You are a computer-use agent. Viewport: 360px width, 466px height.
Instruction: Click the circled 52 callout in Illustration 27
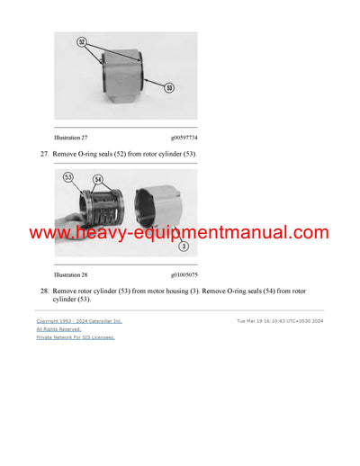coord(80,42)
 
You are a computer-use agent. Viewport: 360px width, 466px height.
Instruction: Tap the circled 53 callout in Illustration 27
coord(168,87)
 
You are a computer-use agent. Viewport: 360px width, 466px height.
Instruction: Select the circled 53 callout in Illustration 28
coord(67,178)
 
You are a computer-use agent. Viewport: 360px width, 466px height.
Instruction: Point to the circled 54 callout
coord(97,180)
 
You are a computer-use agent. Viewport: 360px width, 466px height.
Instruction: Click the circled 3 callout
coord(183,246)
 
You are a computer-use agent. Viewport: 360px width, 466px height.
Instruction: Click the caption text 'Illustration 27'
coord(73,138)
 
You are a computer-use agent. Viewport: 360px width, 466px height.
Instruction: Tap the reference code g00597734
coord(184,138)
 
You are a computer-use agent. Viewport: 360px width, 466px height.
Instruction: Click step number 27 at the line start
coord(43,155)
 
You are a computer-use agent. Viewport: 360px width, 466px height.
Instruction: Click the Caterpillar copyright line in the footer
coord(79,321)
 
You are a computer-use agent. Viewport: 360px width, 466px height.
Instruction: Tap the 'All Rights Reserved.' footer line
coord(58,329)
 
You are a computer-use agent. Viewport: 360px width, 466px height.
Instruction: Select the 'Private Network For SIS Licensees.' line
coord(76,337)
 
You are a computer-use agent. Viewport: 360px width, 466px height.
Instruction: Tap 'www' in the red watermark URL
coord(46,233)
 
